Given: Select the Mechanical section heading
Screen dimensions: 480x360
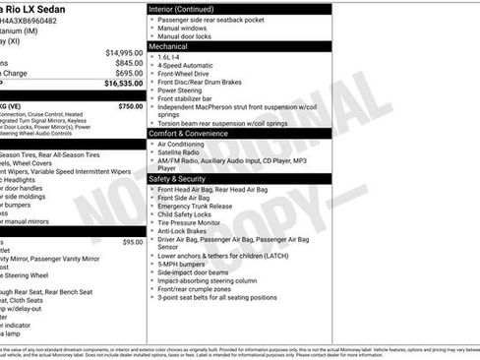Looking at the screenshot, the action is pos(168,45).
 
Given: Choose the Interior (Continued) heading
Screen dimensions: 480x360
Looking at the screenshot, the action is pos(181,8).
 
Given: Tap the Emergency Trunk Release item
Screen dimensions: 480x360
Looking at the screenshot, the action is pos(195,207).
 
